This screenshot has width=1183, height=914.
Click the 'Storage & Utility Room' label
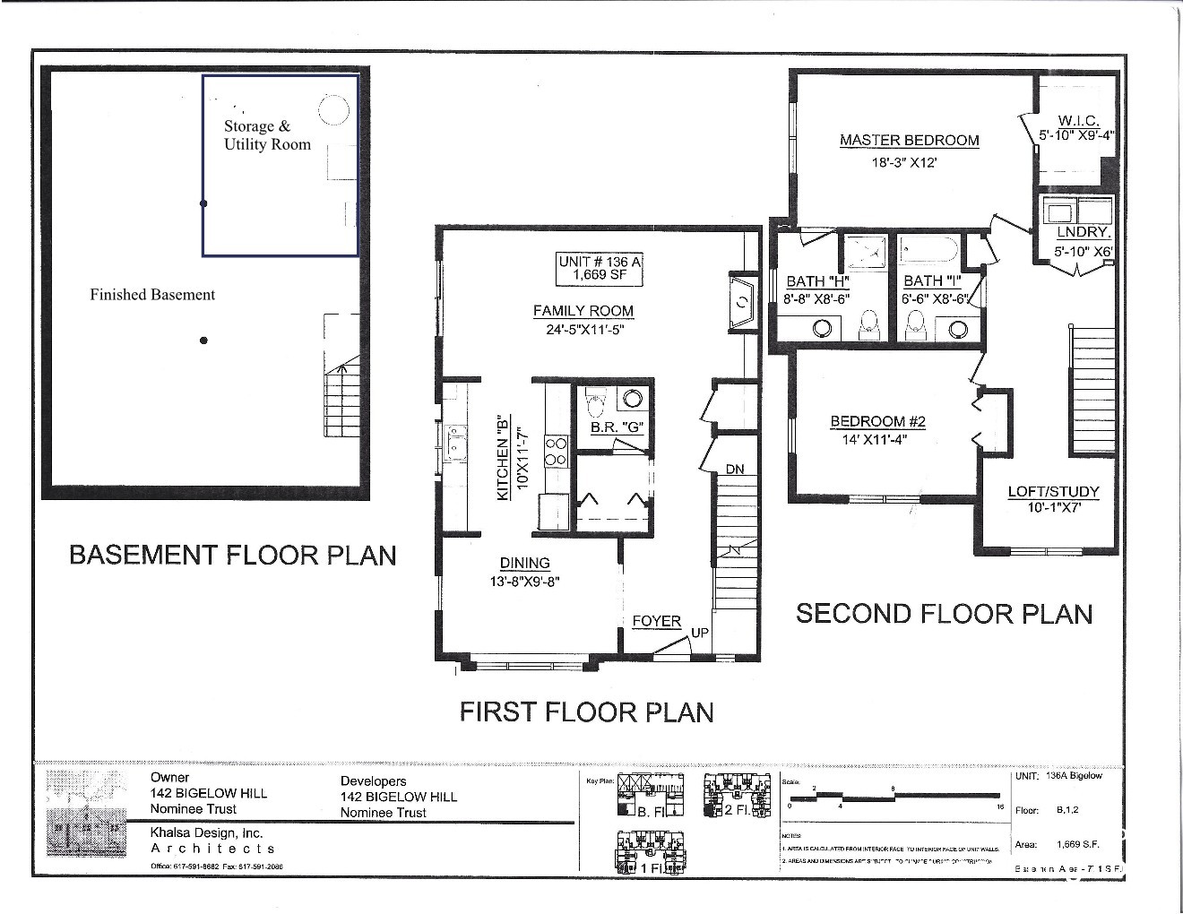[x=267, y=135]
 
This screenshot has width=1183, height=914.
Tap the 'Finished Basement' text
[x=152, y=295]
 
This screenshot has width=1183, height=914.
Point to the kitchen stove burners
[x=557, y=451]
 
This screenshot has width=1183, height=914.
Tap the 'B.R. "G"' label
[x=617, y=427]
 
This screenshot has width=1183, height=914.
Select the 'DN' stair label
[x=735, y=470]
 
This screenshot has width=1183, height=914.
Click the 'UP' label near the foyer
[x=699, y=633]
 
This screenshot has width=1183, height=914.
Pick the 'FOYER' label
[x=657, y=621]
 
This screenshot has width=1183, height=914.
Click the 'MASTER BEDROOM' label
[x=909, y=141]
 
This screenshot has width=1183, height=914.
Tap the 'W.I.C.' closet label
[x=1077, y=121]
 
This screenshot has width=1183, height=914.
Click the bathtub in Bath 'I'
[x=929, y=249]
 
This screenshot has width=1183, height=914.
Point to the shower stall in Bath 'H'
[x=865, y=252]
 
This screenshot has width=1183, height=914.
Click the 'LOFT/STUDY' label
[x=1053, y=492]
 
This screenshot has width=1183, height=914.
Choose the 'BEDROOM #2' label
[x=877, y=422]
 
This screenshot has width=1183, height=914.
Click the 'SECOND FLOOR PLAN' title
[x=944, y=614]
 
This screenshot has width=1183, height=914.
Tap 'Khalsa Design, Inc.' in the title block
[x=206, y=832]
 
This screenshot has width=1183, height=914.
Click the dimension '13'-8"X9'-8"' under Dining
[x=524, y=581]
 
